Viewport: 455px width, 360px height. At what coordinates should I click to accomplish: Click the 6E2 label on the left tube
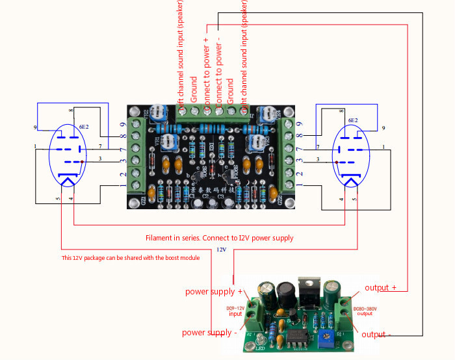coord(83,127)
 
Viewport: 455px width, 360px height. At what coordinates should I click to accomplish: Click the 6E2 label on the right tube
coord(353,121)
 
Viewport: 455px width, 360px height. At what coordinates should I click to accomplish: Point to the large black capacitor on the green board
coord(284,294)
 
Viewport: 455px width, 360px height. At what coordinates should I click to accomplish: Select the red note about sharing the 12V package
coord(131,258)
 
